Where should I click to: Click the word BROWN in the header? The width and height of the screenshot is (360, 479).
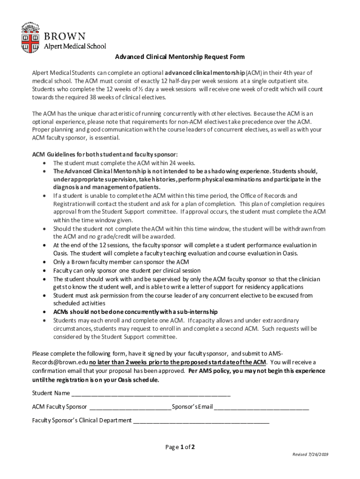point(65,36)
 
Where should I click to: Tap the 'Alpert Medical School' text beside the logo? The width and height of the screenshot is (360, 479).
point(75,46)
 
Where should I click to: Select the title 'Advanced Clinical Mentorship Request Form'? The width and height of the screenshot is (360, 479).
point(180,57)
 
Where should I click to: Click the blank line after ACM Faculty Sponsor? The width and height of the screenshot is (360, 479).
point(130,406)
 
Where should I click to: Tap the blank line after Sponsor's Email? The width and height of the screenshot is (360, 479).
point(261,406)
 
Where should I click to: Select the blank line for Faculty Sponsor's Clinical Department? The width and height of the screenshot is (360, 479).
point(201,420)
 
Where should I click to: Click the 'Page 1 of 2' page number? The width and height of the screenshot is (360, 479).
point(180,447)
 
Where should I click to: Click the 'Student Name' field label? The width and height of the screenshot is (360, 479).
point(51,392)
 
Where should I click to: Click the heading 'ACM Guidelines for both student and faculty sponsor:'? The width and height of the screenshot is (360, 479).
point(105,154)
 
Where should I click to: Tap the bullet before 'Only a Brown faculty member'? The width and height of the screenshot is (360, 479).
point(43,262)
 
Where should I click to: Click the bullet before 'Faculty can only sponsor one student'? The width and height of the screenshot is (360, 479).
point(43,271)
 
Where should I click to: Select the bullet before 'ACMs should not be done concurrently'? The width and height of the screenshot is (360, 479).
point(43,312)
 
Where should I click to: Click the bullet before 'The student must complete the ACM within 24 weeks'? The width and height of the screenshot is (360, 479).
point(43,163)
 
